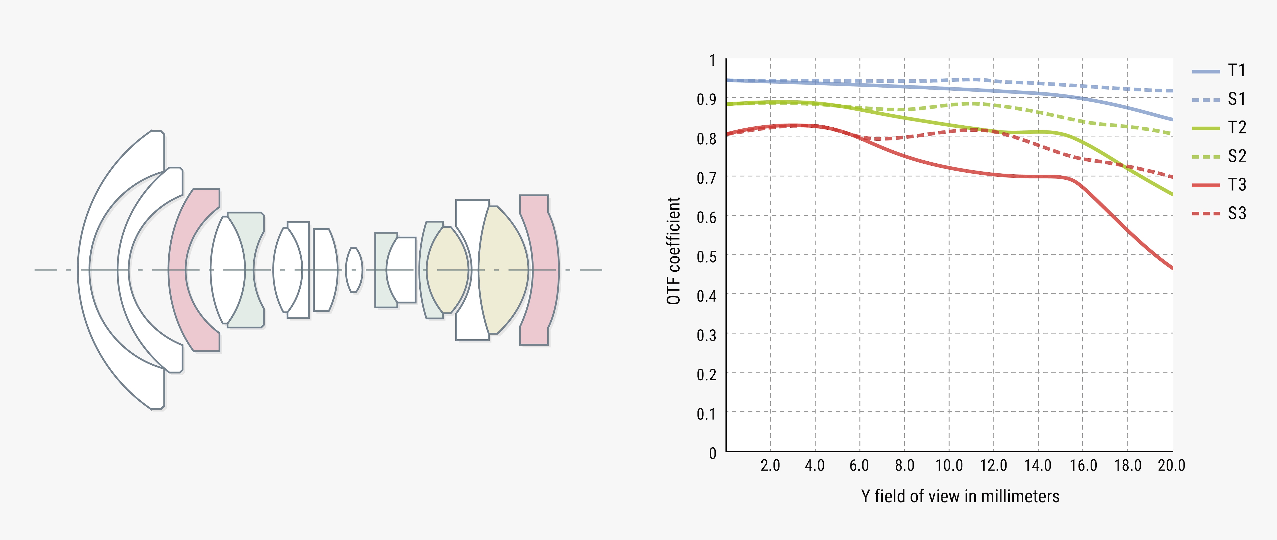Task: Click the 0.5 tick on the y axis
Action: (706, 257)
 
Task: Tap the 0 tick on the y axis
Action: (712, 453)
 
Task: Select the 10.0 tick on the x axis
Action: (949, 466)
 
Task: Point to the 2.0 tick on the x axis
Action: (770, 466)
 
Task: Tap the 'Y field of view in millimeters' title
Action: (960, 496)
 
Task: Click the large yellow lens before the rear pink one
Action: (503, 270)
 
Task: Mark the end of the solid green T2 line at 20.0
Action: (1172, 194)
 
